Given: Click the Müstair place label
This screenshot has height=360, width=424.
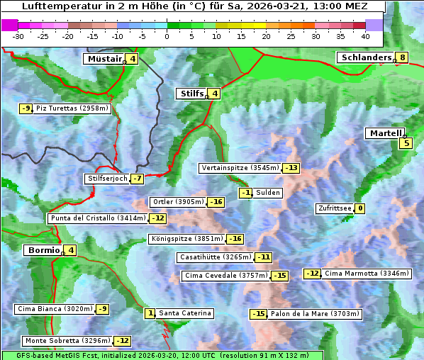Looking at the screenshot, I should (104, 59).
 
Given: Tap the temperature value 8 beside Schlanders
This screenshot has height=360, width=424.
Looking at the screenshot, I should (402, 58).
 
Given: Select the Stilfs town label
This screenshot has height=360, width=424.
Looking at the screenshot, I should (191, 94).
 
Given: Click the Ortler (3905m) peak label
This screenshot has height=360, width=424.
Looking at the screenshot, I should (177, 202).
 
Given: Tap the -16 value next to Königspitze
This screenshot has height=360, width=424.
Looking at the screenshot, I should (235, 239).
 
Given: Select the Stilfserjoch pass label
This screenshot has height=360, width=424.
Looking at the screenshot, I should (107, 179).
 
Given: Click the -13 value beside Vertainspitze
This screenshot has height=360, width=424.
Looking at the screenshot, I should (291, 168).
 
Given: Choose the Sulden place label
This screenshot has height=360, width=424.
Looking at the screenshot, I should (268, 193).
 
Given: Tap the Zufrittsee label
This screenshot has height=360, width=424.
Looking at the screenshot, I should (334, 208).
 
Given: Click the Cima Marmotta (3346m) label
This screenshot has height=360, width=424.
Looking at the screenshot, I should (366, 274).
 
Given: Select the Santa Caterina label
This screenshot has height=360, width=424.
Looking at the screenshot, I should (184, 313).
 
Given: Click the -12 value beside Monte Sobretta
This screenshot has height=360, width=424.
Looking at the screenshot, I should (123, 341).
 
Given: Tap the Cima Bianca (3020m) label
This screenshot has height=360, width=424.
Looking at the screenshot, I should (55, 309).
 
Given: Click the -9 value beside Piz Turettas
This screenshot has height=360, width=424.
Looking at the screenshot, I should (26, 108).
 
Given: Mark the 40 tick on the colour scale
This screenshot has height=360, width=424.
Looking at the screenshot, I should (365, 36).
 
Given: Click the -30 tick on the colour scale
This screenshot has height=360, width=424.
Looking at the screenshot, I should (19, 36).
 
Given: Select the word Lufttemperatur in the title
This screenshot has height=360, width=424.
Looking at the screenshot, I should (54, 6).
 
